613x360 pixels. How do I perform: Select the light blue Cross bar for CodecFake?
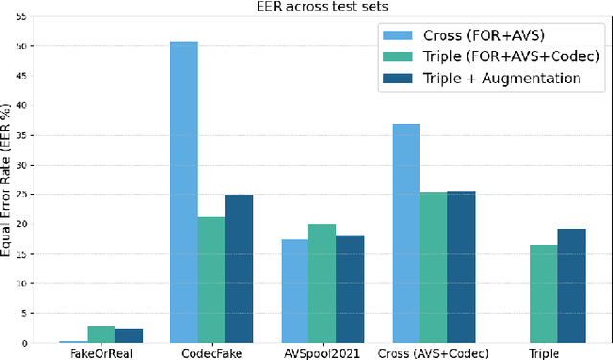184,191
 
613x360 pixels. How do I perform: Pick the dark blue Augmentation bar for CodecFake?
239,269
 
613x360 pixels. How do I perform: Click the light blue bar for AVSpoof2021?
295,291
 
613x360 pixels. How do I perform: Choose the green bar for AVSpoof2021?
323,283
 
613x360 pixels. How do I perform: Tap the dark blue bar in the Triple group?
572,285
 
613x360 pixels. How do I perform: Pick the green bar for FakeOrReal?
101,334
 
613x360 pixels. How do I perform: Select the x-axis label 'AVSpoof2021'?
323,352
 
